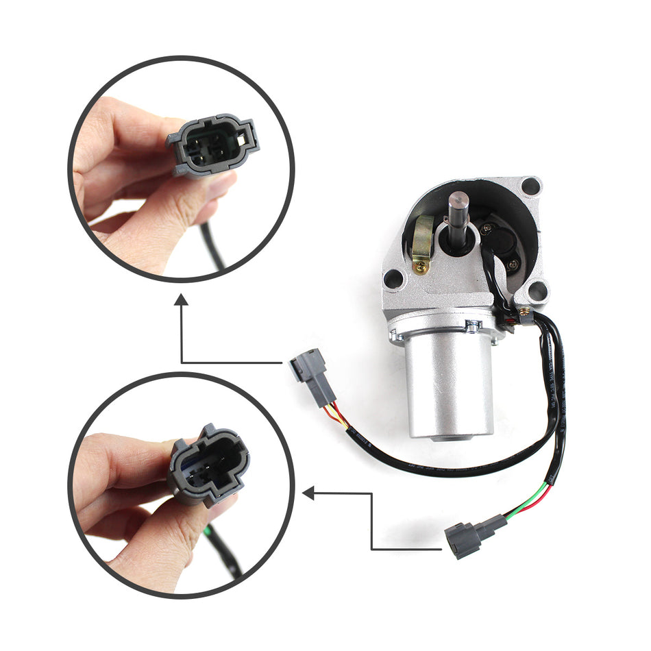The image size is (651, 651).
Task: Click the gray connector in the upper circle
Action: click(213, 143)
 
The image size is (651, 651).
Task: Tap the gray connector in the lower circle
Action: click(209, 466)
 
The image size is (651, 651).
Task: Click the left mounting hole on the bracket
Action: click(393, 278)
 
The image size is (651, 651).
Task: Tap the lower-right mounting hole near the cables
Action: click(538, 291)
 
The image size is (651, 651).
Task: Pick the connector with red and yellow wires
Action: click(312, 378)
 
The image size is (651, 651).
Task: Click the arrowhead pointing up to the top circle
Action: click(182, 300)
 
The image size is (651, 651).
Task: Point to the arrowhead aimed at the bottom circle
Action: click(309, 492)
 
